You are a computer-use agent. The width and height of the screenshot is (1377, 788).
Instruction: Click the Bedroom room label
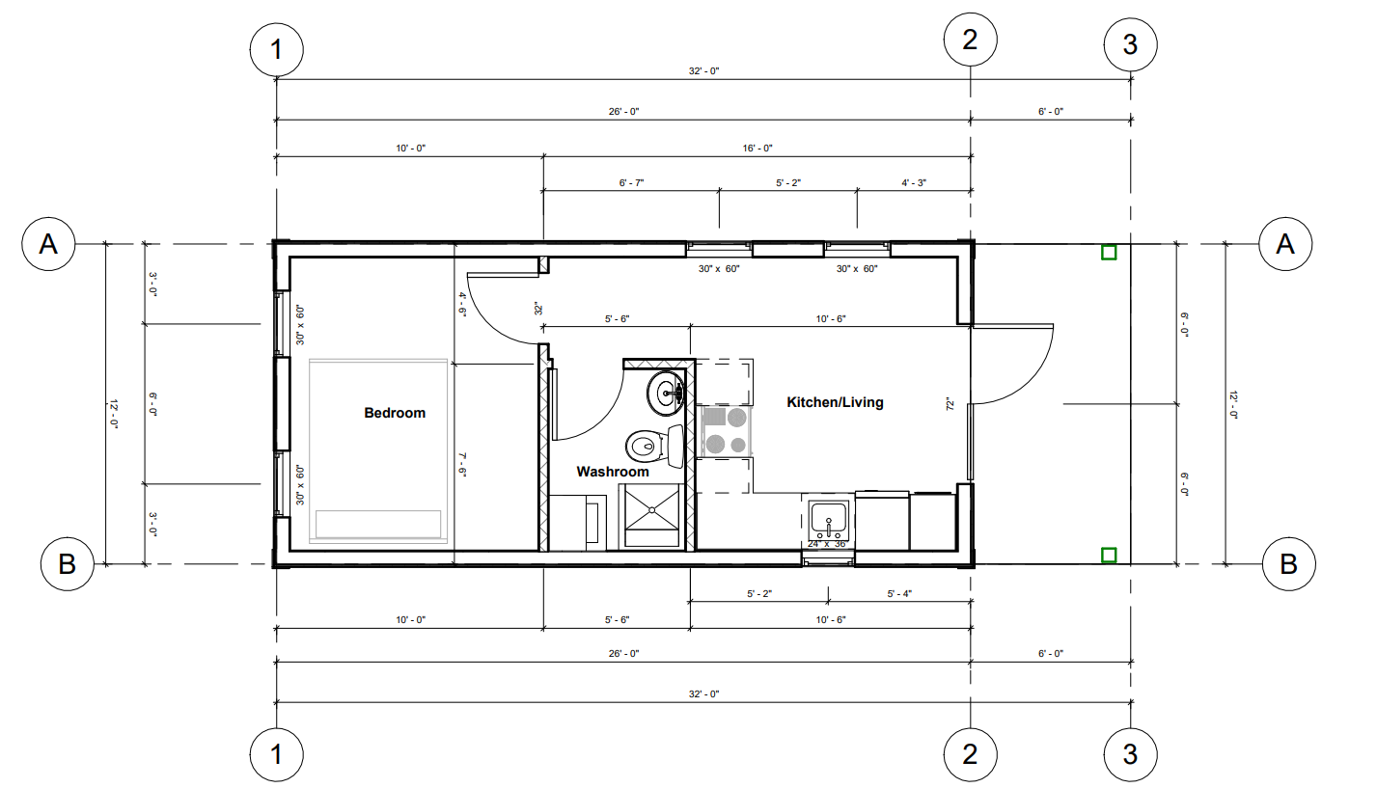coord(394,413)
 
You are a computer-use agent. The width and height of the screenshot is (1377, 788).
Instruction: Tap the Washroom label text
coord(613,472)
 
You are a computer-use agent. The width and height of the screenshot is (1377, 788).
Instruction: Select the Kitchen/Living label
coord(835,402)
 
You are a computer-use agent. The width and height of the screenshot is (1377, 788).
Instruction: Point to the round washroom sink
coord(668,392)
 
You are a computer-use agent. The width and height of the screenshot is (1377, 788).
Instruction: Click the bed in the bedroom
coord(377,451)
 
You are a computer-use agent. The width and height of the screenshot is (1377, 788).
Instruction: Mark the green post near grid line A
coord(1109,253)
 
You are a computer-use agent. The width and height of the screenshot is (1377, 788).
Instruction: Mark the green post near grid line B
coord(1109,555)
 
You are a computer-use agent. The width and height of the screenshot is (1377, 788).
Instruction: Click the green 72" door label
coord(950,403)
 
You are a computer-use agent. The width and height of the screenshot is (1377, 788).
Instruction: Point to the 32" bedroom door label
coord(539,309)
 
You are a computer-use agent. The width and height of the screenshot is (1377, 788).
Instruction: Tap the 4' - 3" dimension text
coord(913,182)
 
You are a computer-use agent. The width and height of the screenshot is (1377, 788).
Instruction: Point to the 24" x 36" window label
coord(827,544)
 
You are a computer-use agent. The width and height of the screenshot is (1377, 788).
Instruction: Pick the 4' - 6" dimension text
coord(463,304)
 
